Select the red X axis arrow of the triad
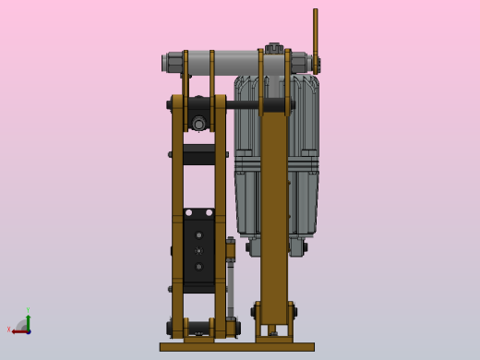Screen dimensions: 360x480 pos(19,330)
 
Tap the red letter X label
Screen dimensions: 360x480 pos(9,330)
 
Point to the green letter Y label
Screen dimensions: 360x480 pos(28,310)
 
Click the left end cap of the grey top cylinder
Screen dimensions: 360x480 pos(167,63)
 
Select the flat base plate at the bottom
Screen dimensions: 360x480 pos(236,347)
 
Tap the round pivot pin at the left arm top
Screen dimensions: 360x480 pos(198,123)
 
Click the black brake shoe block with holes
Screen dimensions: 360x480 pos(198,249)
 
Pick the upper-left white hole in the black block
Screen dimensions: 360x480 pos(189,212)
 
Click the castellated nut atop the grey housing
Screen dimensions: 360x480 pos(273,48)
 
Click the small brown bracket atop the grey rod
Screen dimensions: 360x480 pos(230,249)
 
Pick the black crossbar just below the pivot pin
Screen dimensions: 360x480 pos(198,154)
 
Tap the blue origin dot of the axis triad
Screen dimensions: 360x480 pos(28,330)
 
